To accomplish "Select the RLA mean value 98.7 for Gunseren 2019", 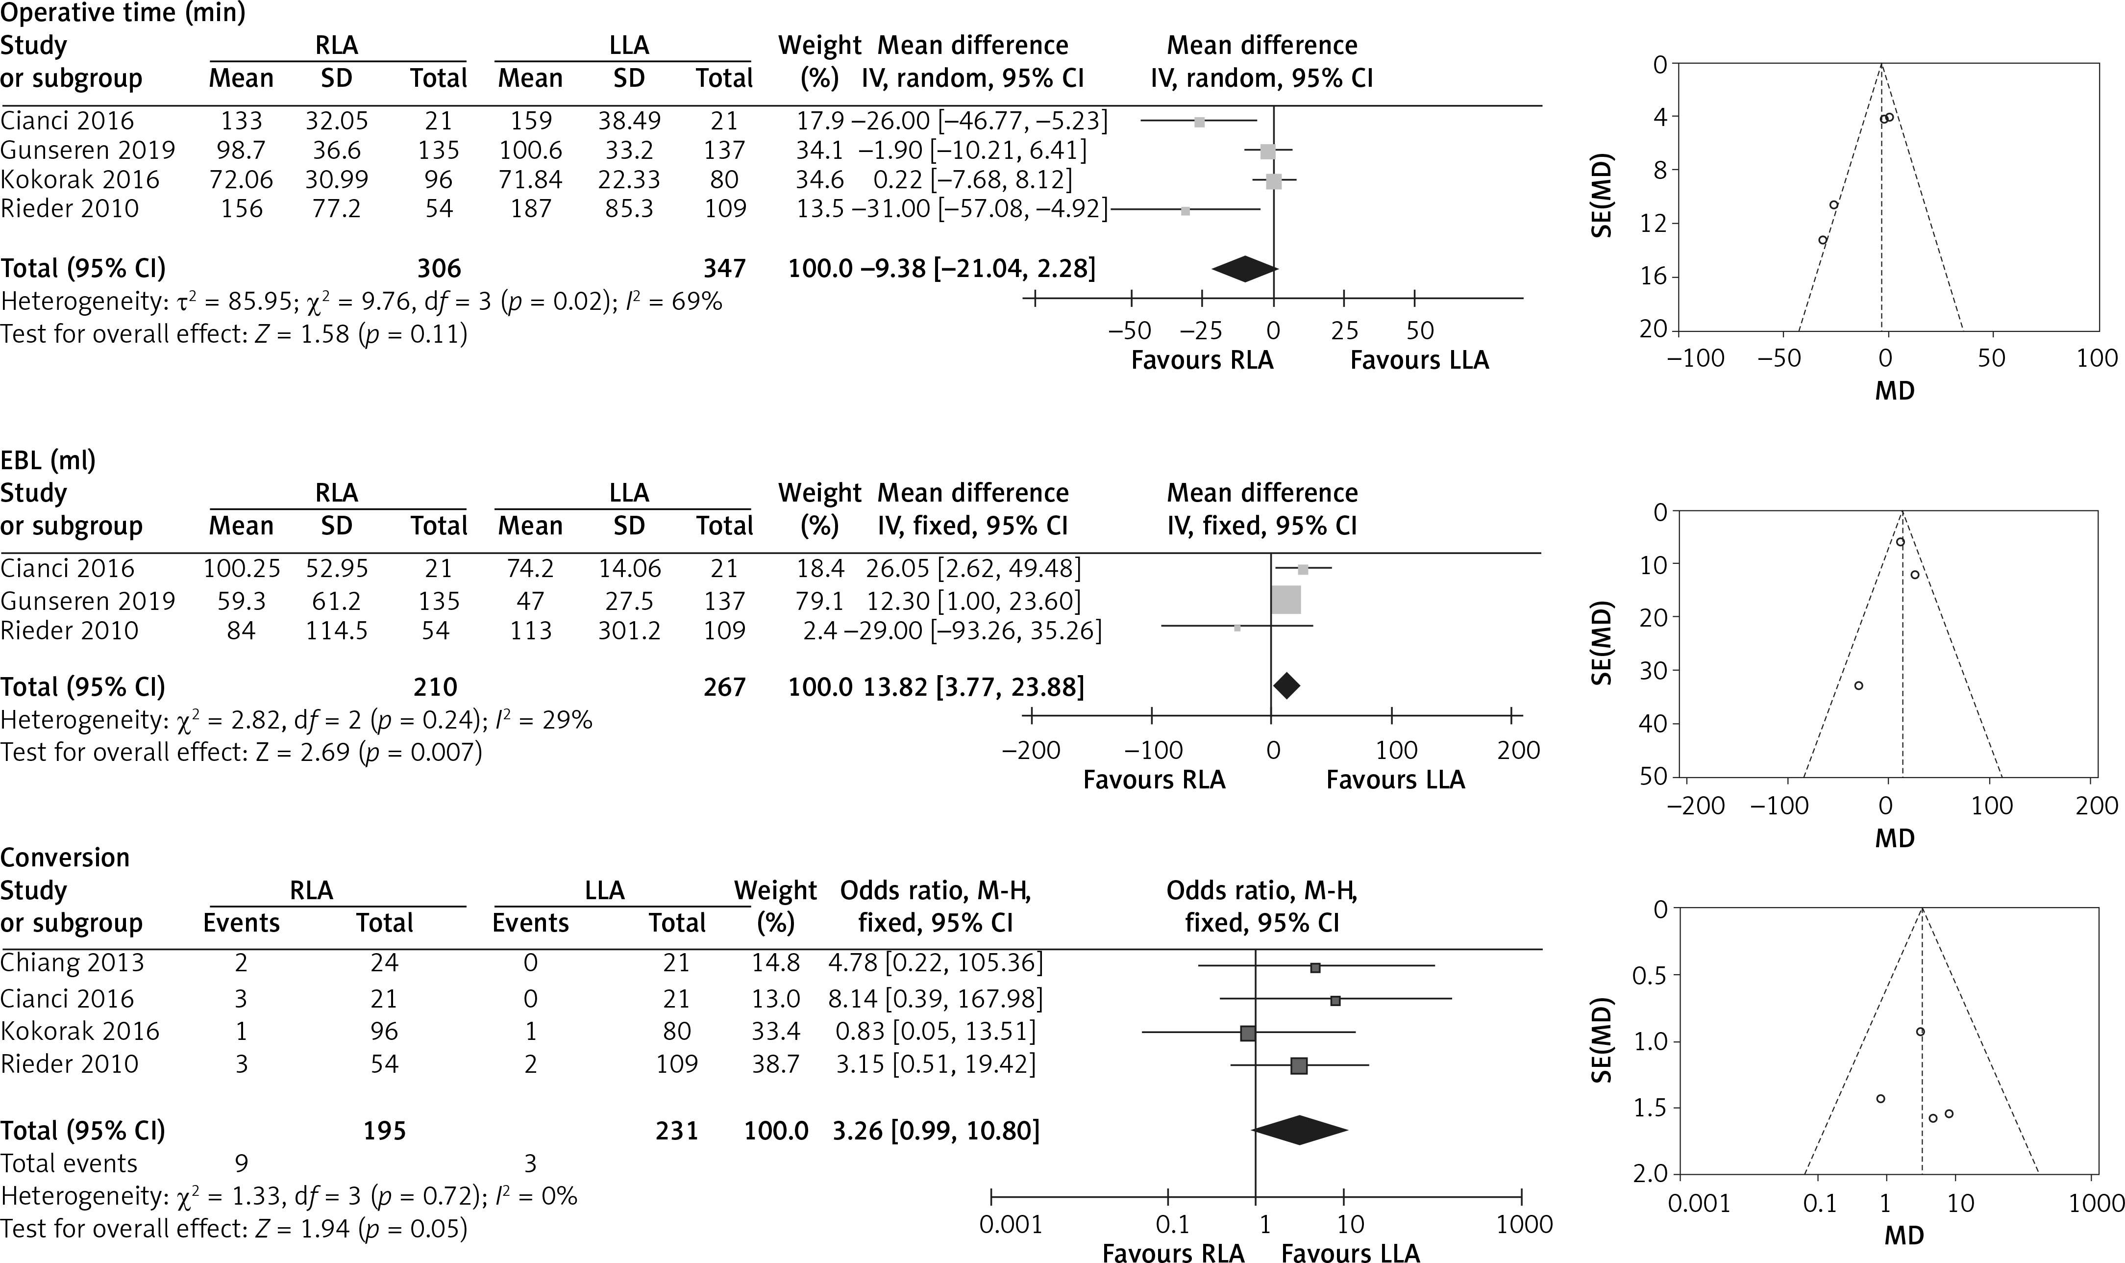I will [242, 151].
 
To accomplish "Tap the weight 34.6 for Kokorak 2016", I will [819, 179].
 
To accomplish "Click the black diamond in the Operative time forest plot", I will [1244, 269].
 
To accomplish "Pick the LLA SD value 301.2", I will [629, 631].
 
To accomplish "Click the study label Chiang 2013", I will [73, 962].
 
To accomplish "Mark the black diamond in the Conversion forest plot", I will [1299, 1130].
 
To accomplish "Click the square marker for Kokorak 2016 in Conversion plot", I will [1248, 1033].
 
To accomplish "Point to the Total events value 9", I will [242, 1163].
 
